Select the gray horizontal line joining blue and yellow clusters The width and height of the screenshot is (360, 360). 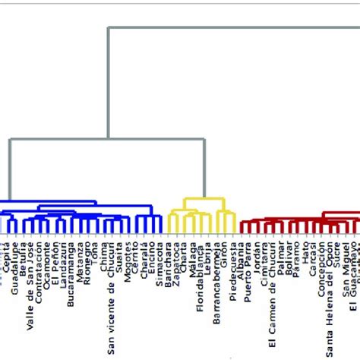107,139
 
